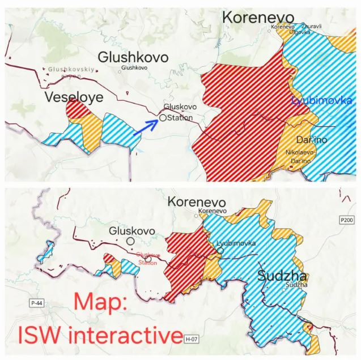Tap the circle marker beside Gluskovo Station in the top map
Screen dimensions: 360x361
pos(163,118)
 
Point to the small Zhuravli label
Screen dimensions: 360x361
pos(312,26)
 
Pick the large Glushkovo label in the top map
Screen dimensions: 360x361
pos(133,57)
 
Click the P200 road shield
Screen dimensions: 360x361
pos(347,219)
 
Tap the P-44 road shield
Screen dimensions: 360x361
pos(37,303)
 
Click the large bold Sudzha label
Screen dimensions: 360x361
pos(282,276)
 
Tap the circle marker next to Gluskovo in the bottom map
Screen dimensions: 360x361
pos(130,241)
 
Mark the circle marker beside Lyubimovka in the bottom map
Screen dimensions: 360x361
pos(220,250)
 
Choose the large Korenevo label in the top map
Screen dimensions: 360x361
pos(257,17)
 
